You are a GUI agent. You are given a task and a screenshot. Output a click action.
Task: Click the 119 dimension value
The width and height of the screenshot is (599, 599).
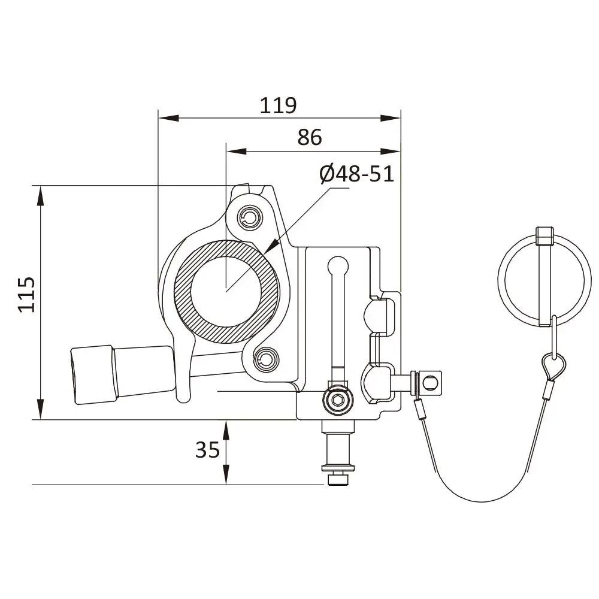pyautogui.click(x=278, y=105)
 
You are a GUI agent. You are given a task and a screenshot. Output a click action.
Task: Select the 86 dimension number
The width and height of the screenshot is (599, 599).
pyautogui.click(x=310, y=137)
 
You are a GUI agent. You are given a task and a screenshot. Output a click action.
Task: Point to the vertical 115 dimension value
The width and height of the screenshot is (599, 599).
pyautogui.click(x=26, y=294)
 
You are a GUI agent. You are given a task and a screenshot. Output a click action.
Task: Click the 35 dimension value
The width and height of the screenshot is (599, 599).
pyautogui.click(x=207, y=449)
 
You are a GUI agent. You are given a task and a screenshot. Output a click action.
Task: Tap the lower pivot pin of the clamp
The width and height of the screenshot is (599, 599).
pyautogui.click(x=264, y=359)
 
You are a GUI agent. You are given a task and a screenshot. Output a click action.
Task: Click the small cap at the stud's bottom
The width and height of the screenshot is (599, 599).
pyautogui.click(x=337, y=480)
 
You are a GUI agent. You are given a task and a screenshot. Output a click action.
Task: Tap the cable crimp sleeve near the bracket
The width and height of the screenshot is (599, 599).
pyautogui.click(x=418, y=410)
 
